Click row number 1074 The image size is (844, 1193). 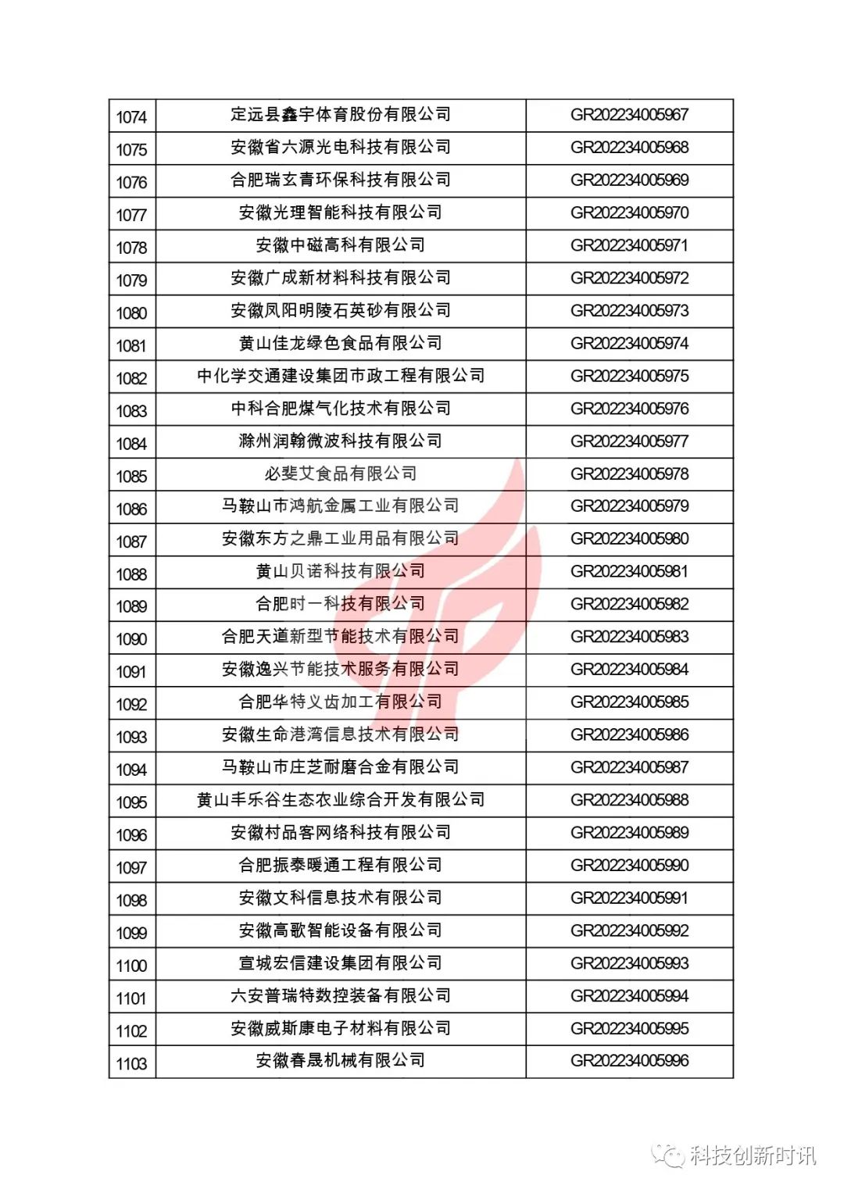(131, 117)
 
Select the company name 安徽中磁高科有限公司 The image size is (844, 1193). (341, 245)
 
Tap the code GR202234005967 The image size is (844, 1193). (629, 115)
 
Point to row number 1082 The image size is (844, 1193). (131, 379)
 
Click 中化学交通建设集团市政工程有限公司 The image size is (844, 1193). (341, 376)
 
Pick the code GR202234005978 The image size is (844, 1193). (629, 474)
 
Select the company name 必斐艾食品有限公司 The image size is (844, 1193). (341, 473)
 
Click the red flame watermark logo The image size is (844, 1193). (477, 578)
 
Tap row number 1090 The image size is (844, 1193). (131, 640)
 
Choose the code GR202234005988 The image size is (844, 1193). (629, 800)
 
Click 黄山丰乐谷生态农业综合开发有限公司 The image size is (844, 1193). (341, 800)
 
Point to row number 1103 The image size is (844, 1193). (131, 1064)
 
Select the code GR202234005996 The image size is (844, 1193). (629, 1061)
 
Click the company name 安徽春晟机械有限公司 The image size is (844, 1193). (341, 1061)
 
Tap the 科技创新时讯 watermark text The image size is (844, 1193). (752, 1155)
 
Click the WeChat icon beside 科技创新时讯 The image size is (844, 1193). (669, 1155)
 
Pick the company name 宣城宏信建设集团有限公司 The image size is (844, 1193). (341, 963)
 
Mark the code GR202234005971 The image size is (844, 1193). (629, 245)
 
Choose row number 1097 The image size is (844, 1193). (131, 868)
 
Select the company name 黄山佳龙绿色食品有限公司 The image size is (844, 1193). (341, 343)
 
